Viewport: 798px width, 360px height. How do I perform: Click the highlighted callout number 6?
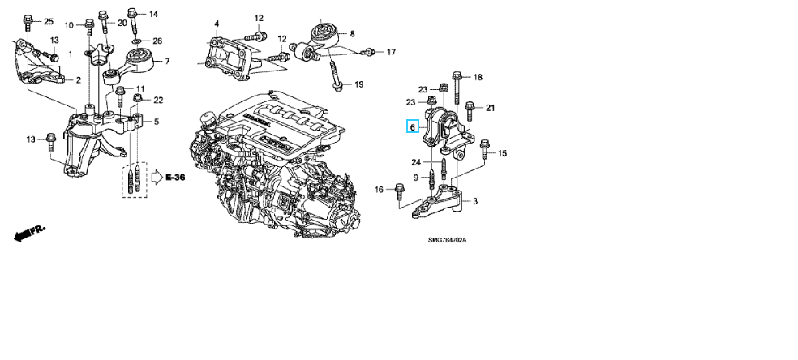tap(412, 127)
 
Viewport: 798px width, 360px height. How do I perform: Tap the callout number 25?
tap(48, 20)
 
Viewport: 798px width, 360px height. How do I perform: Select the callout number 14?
tap(153, 14)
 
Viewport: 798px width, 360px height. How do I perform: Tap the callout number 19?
tap(359, 84)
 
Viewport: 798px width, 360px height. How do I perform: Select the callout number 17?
tap(391, 52)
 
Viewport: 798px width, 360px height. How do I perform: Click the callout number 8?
tap(352, 33)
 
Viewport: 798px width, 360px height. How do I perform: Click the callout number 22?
tap(158, 100)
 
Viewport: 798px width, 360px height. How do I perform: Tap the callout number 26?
tap(157, 41)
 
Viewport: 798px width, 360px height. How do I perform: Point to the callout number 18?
tap(478, 77)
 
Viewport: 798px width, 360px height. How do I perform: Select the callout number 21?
tap(490, 107)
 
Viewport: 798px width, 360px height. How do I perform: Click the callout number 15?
tap(502, 153)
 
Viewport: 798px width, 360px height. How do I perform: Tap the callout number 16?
tap(378, 190)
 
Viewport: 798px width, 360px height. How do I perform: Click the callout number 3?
tap(474, 201)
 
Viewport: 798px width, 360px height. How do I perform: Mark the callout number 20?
tap(122, 23)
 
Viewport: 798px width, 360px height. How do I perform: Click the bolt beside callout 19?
tap(336, 80)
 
